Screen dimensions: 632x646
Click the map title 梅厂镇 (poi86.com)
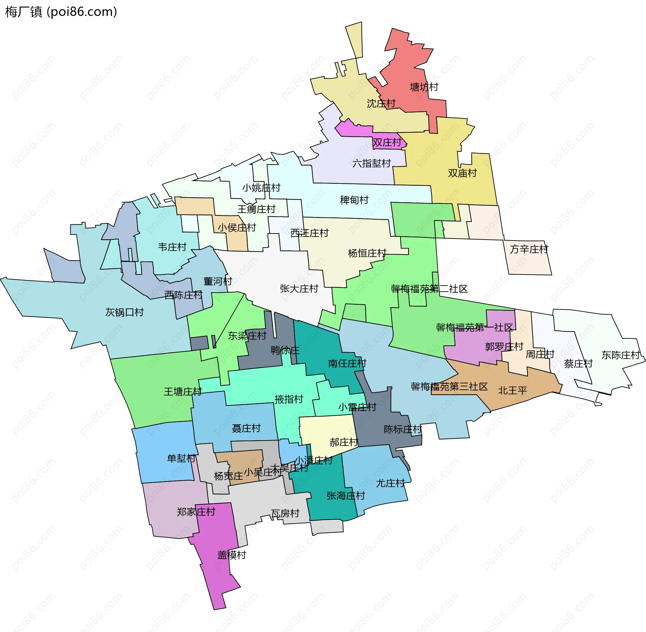pos(61,12)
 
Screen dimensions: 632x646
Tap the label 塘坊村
pos(424,87)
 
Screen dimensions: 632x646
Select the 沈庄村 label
pos(381,103)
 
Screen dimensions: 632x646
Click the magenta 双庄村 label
pos(387,142)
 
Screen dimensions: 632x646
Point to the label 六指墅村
pos(371,163)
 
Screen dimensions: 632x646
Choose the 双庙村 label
pos(462,173)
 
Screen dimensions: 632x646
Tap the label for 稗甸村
pos(354,200)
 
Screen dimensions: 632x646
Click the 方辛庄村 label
pos(529,249)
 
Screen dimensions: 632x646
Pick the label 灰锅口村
pos(124,312)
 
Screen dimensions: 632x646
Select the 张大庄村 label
pos(299,288)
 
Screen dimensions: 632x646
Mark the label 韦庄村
pos(172,247)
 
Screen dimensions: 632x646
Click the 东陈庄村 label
pos(621,355)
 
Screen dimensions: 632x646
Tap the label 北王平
pos(512,390)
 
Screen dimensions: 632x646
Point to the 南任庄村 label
pos(347,363)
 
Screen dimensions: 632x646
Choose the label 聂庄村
pos(246,428)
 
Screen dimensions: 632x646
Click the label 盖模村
pos(231,555)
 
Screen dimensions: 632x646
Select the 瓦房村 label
pos(285,513)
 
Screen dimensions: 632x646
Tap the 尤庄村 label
pos(390,483)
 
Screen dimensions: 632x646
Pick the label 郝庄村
pos(344,442)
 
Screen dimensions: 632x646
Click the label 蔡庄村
pos(578,364)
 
